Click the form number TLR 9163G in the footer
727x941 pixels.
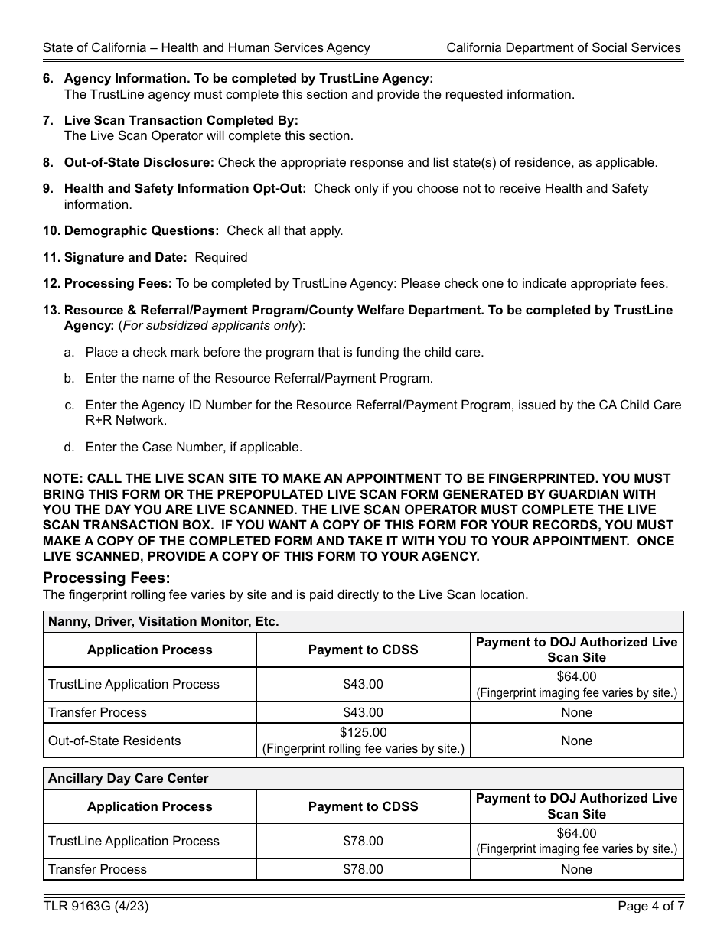96,907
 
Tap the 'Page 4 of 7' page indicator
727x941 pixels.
650,907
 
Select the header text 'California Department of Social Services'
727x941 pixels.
563,47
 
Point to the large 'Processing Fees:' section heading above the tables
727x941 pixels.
106,578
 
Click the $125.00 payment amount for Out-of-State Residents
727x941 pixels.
363,732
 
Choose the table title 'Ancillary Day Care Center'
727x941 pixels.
128,778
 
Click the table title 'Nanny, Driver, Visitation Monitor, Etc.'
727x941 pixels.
163,621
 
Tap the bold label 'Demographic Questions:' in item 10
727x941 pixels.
142,230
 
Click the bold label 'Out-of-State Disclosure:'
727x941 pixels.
139,162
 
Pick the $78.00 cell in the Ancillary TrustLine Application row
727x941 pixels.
363,841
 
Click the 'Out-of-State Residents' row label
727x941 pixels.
114,741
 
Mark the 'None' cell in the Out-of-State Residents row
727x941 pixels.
576,741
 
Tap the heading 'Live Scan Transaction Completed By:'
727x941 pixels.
181,120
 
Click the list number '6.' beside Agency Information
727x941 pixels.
48,78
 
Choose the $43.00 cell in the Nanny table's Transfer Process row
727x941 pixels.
363,712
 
